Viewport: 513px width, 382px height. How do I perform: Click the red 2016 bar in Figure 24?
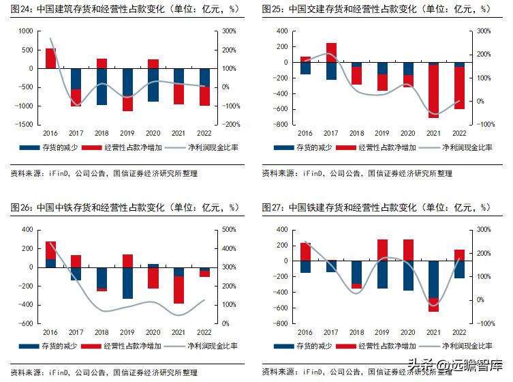[50, 59]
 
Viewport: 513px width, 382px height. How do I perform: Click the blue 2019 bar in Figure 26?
[127, 283]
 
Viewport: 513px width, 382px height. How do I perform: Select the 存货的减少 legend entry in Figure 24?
[48, 147]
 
